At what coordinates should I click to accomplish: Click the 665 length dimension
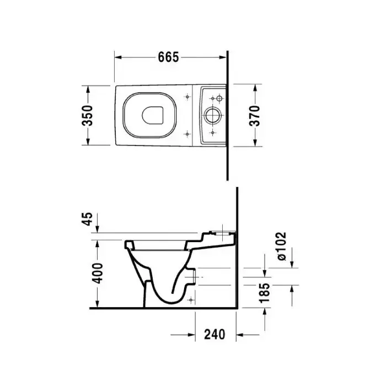pyautogui.click(x=168, y=57)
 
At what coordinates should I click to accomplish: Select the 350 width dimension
pyautogui.click(x=87, y=115)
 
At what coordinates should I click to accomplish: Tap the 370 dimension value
pyautogui.click(x=255, y=115)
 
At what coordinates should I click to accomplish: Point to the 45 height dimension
pyautogui.click(x=87, y=218)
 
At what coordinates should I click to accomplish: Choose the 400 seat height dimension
pyautogui.click(x=99, y=274)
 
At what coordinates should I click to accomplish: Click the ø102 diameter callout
pyautogui.click(x=281, y=246)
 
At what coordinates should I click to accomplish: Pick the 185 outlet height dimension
pyautogui.click(x=265, y=293)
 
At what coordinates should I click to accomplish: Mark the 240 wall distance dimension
pyautogui.click(x=215, y=335)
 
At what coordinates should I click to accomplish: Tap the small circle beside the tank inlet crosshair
pyautogui.click(x=219, y=99)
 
